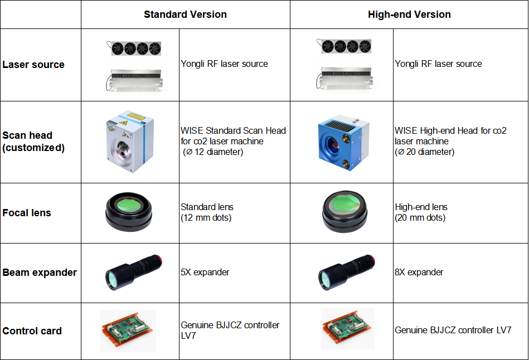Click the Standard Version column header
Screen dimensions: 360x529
pyautogui.click(x=185, y=14)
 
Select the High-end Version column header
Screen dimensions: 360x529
pyautogui.click(x=409, y=14)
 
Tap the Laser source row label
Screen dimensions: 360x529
pyautogui.click(x=33, y=65)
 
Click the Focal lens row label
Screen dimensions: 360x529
pyautogui.click(x=27, y=213)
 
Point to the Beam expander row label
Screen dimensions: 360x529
pyautogui.click(x=40, y=273)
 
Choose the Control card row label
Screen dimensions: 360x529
pyautogui.click(x=32, y=331)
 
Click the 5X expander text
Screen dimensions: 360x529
pyautogui.click(x=205, y=273)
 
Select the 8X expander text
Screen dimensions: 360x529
pyautogui.click(x=419, y=273)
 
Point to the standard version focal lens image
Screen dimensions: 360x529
pyautogui.click(x=128, y=212)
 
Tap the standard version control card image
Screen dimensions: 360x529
pyautogui.click(x=128, y=331)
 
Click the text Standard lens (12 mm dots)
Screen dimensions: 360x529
pyautogui.click(x=207, y=212)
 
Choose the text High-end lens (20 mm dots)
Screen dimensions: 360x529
pyautogui.click(x=421, y=212)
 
